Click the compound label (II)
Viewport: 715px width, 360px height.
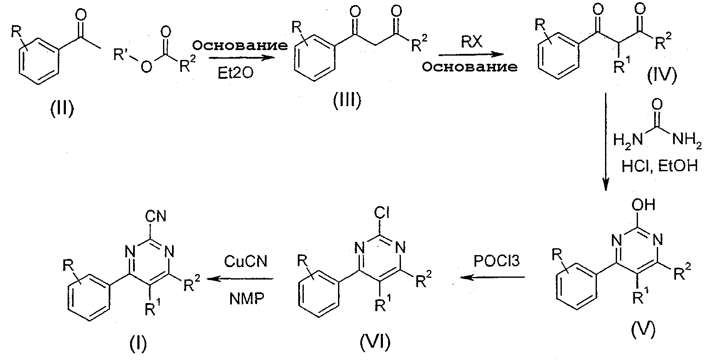pyautogui.click(x=62, y=108)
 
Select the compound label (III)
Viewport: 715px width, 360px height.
pyautogui.click(x=347, y=100)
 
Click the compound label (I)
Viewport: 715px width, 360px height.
pyautogui.click(x=138, y=344)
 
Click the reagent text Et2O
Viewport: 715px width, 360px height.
pyautogui.click(x=236, y=74)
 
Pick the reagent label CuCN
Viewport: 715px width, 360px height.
pyautogui.click(x=246, y=261)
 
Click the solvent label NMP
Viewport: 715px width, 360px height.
pyautogui.click(x=247, y=299)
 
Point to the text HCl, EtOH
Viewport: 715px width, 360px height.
pyautogui.click(x=660, y=166)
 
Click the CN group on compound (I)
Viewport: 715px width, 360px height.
pyautogui.click(x=156, y=216)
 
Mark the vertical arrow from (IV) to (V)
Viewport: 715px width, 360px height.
pyautogui.click(x=605, y=142)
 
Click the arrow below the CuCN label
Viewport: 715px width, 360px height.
pyautogui.click(x=240, y=279)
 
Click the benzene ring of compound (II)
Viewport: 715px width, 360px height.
pyautogui.click(x=39, y=61)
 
